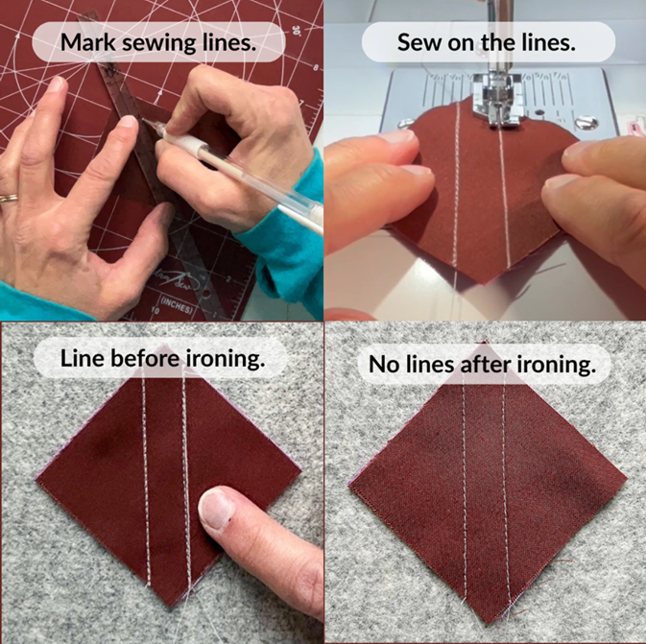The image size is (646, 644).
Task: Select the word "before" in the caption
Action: [145, 358]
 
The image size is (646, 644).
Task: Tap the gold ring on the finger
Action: [9, 198]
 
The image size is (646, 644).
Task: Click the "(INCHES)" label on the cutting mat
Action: [178, 307]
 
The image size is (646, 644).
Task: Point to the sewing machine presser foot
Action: [497, 98]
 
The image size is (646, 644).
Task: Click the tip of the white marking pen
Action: [144, 120]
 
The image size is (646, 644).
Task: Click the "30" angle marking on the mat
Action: [296, 30]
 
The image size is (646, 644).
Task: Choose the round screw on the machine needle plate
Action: [586, 123]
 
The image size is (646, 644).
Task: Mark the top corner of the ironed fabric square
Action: [486, 342]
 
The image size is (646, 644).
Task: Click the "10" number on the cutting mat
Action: [155, 310]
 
